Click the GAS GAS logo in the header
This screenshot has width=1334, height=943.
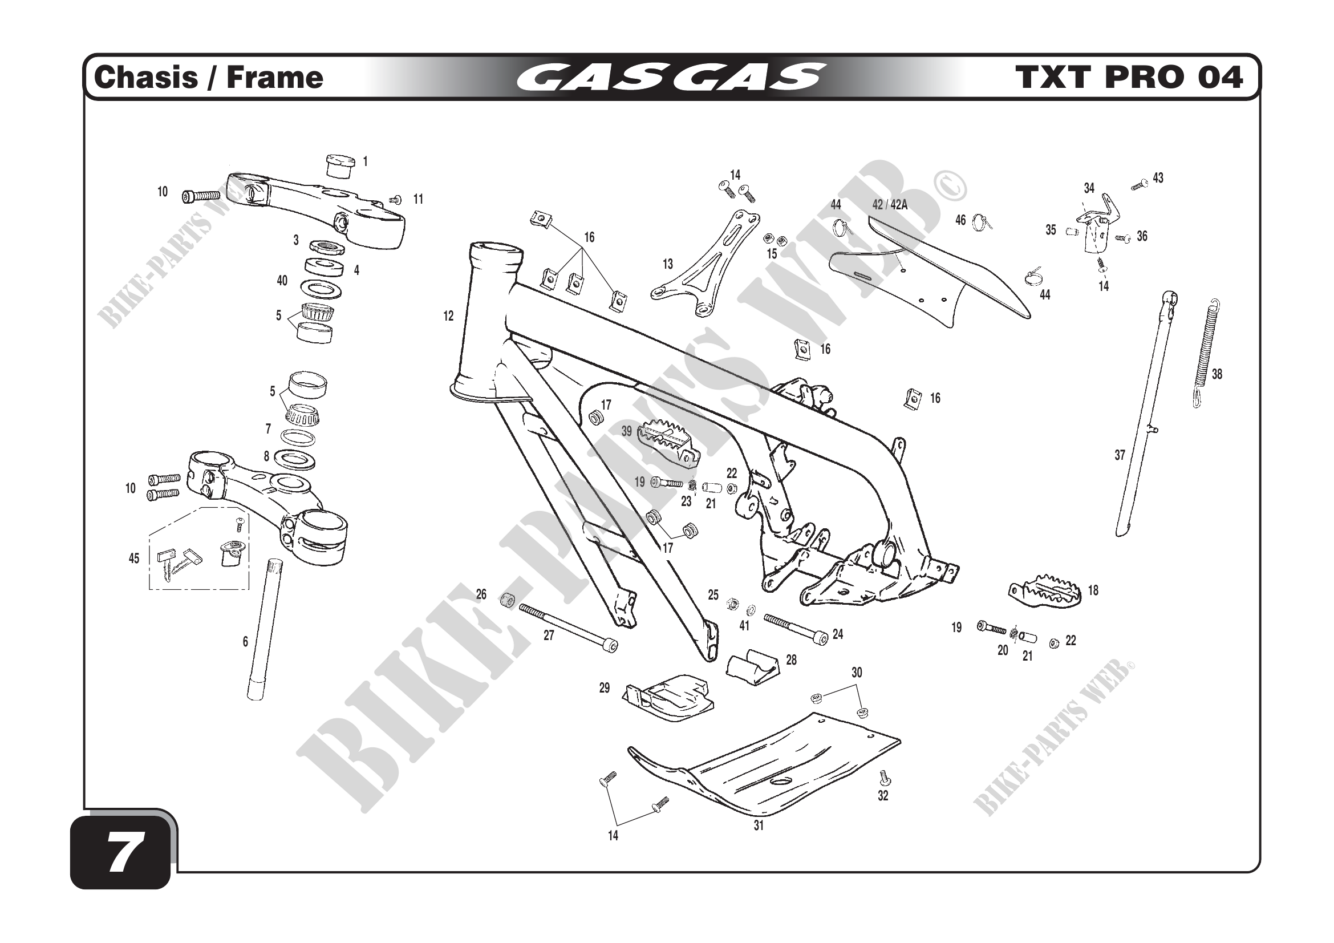coord(671,78)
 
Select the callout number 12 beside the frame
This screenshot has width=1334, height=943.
coord(448,316)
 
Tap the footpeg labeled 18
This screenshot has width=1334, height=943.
coord(1044,592)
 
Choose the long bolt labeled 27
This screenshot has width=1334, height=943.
coord(567,628)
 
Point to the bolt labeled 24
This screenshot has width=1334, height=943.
coord(796,629)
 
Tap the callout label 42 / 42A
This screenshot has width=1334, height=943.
coord(890,205)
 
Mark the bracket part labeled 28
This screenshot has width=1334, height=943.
coord(752,667)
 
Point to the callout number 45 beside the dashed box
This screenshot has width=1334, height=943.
coord(133,558)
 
